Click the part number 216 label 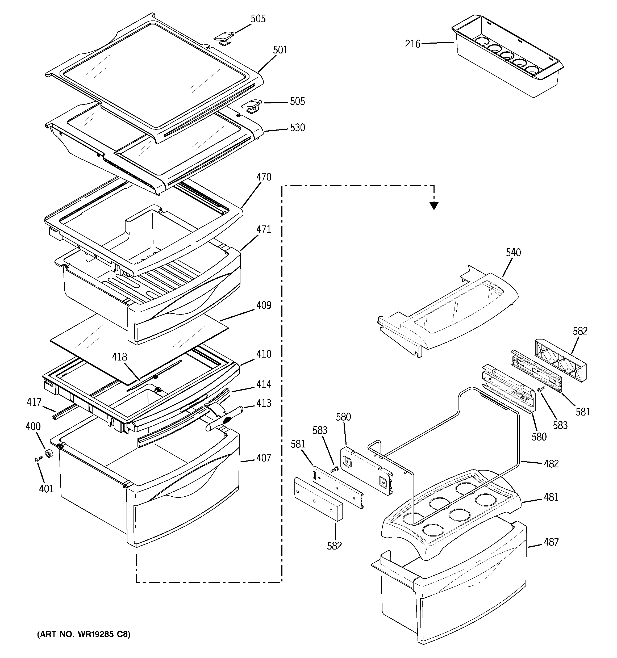tap(412, 44)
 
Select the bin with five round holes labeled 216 tap(507, 56)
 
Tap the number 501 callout tap(280, 50)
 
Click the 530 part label tap(297, 128)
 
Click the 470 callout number tap(264, 177)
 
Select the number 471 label tap(264, 229)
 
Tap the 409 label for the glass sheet tap(264, 305)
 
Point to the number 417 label tap(34, 402)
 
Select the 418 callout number tap(119, 357)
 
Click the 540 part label tap(513, 253)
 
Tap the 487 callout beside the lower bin tap(551, 542)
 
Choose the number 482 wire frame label tap(551, 464)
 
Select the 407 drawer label tap(264, 458)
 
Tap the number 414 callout tap(264, 384)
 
